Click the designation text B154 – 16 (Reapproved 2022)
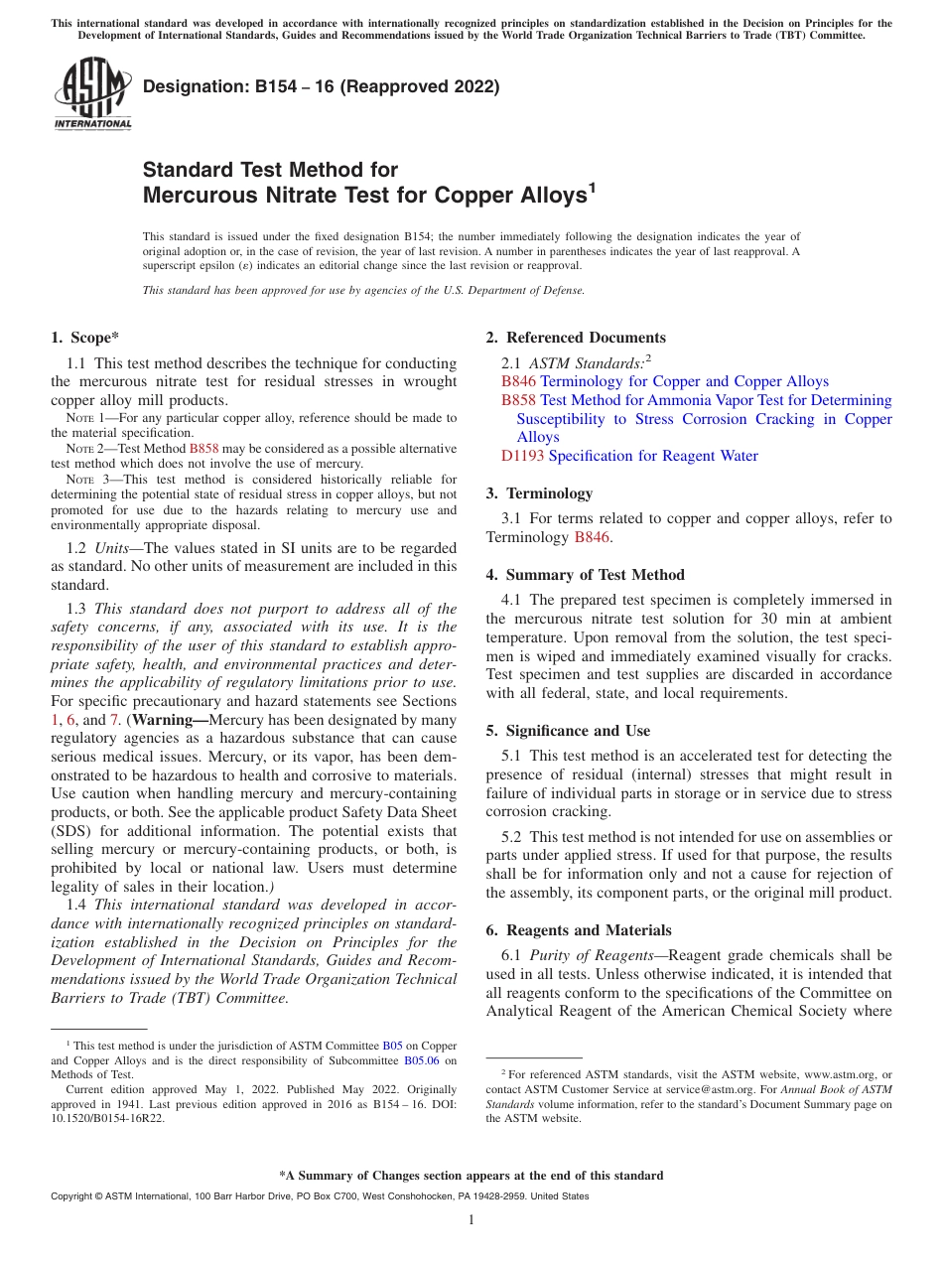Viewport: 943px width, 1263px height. [321, 86]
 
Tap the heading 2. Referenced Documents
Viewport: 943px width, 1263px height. [576, 338]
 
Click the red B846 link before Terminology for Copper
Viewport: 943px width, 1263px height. [518, 381]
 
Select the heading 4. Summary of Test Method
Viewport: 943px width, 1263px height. [585, 575]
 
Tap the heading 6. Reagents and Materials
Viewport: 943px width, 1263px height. [579, 930]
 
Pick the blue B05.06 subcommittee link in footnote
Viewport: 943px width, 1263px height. [422, 1059]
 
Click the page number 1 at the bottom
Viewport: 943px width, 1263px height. [471, 1220]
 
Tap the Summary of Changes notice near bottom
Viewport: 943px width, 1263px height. [471, 1176]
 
